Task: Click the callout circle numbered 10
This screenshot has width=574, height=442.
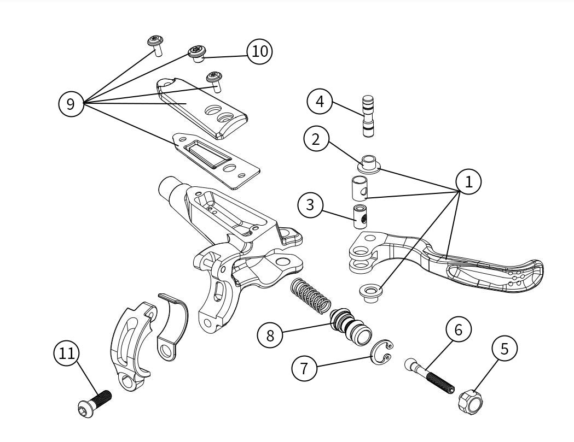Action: click(260, 51)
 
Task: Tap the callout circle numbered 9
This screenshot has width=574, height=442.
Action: click(71, 104)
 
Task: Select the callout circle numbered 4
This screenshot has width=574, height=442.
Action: click(320, 101)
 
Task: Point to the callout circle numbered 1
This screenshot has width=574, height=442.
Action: click(468, 182)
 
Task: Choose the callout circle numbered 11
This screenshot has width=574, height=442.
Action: click(67, 353)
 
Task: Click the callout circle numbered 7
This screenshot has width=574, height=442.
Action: click(305, 368)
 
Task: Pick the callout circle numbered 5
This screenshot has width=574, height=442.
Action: click(505, 349)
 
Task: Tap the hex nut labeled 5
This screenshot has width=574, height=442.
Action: click(470, 400)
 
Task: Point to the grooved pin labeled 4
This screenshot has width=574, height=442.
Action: click(368, 116)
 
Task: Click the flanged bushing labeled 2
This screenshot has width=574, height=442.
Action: click(369, 164)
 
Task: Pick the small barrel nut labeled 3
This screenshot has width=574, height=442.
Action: click(360, 217)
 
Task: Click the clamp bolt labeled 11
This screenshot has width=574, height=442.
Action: click(95, 404)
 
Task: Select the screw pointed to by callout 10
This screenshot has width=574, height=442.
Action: click(198, 54)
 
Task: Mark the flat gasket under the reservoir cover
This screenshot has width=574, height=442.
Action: click(216, 161)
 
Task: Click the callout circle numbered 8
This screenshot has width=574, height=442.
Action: click(270, 335)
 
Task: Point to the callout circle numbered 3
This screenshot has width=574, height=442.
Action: click(310, 205)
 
